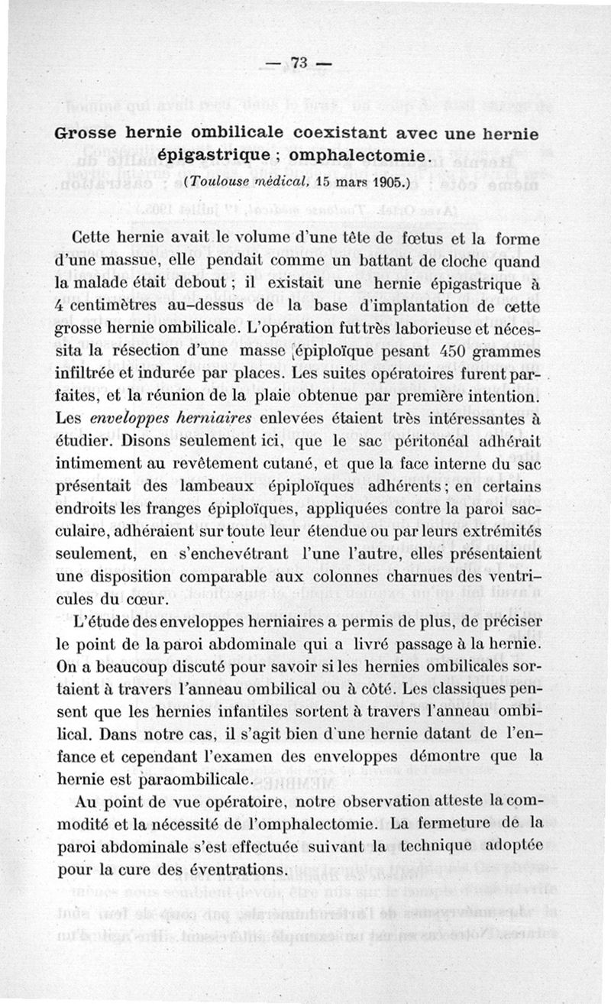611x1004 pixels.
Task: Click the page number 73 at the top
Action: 297,64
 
